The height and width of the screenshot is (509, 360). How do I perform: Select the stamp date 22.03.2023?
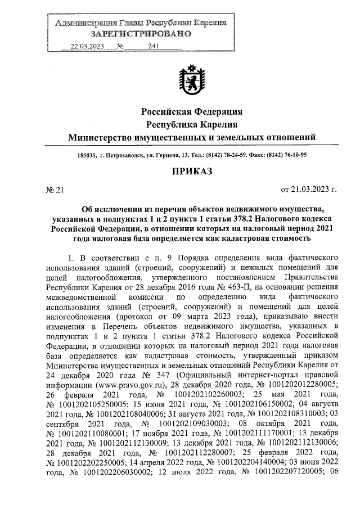85,47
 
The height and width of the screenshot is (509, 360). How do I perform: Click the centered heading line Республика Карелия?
192,124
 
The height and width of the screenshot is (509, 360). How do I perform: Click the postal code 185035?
87,156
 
